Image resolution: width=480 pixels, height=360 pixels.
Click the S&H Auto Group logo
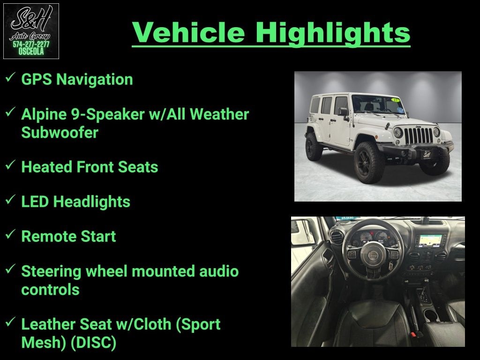click(31, 31)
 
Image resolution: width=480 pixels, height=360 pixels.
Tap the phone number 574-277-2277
click(31, 44)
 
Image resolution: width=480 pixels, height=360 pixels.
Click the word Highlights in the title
click(333, 33)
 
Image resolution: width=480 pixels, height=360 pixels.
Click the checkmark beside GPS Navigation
click(10, 77)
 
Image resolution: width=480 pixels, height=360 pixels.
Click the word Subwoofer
click(60, 132)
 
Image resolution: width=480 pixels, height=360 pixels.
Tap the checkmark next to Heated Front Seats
click(10, 165)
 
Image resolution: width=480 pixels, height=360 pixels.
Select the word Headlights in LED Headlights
click(91, 202)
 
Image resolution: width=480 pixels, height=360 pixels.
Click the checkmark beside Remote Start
click(10, 234)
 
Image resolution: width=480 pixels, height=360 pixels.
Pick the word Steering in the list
click(51, 272)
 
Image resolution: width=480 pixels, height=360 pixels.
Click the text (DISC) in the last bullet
click(93, 343)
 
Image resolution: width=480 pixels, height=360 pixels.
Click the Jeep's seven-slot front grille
click(419, 135)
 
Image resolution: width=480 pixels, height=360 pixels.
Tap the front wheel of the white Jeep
click(369, 163)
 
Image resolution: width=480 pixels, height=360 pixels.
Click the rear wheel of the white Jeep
click(314, 147)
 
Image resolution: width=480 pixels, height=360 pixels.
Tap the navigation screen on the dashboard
click(430, 240)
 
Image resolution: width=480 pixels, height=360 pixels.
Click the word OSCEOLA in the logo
click(31, 52)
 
